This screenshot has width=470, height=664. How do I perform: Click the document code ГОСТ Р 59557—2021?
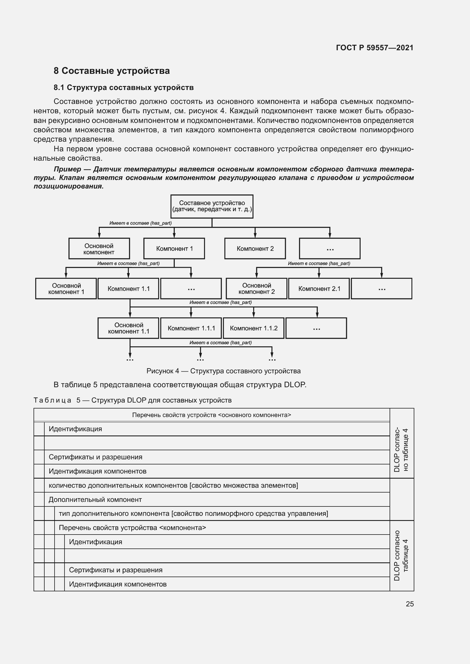pyautogui.click(x=375, y=48)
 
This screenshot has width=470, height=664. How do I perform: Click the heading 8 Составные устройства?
pyautogui.click(x=111, y=71)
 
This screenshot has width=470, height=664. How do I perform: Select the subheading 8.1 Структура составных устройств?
pyautogui.click(x=124, y=88)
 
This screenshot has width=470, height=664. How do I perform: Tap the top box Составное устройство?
pyautogui.click(x=212, y=206)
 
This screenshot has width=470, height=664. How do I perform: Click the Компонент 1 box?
pyautogui.click(x=174, y=248)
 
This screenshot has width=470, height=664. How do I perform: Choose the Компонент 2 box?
pyautogui.click(x=255, y=248)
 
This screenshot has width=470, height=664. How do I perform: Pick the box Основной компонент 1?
pyautogui.click(x=66, y=289)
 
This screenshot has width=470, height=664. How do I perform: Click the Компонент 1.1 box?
pyautogui.click(x=128, y=289)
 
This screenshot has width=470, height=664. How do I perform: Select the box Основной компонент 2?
pyautogui.click(x=256, y=289)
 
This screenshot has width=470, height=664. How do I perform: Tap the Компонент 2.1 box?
pyautogui.click(x=319, y=289)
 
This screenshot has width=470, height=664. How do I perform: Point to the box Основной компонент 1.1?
pyautogui.click(x=128, y=328)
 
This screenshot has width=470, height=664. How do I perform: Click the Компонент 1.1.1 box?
pyautogui.click(x=191, y=328)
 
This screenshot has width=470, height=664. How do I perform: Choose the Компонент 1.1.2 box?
pyautogui.click(x=253, y=328)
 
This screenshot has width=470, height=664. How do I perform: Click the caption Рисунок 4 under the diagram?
pyautogui.click(x=223, y=371)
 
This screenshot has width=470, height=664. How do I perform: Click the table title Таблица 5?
pyautogui.click(x=53, y=400)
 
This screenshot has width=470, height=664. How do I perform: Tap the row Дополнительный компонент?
pyautogui.click(x=95, y=500)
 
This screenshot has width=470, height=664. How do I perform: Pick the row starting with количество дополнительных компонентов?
pyautogui.click(x=173, y=485)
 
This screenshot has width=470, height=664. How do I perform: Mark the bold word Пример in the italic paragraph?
pyautogui.click(x=67, y=169)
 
